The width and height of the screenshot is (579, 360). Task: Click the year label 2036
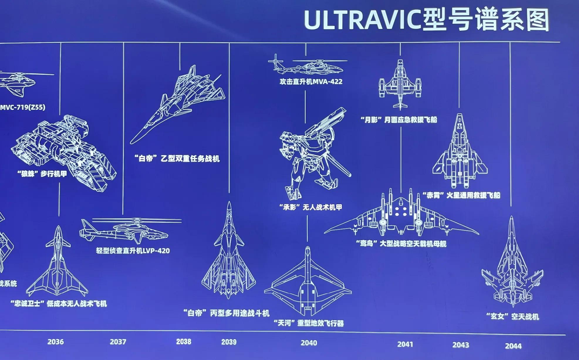[x=55, y=342]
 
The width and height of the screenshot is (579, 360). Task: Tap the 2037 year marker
[x=118, y=342]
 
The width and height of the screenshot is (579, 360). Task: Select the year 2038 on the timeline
[x=184, y=342]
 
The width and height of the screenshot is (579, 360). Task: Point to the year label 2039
[x=229, y=342]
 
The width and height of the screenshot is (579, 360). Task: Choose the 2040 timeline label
[x=309, y=343]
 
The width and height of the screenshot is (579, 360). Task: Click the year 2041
[x=405, y=344]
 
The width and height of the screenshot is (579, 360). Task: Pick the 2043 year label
[x=461, y=345]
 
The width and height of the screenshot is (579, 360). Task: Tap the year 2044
[x=513, y=346]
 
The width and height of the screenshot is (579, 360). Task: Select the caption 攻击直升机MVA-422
[x=311, y=82]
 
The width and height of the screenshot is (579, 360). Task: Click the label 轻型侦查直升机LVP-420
[x=133, y=251]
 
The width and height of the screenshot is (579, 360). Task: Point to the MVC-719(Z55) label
[x=23, y=107]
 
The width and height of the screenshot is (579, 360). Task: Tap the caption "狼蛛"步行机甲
[x=42, y=174]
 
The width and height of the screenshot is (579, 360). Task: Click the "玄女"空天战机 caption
[x=512, y=317]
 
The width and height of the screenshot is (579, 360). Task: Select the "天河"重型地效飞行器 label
[x=308, y=323]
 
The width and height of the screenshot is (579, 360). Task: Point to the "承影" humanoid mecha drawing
[x=311, y=153]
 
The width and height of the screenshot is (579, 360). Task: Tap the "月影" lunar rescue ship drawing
[x=400, y=85]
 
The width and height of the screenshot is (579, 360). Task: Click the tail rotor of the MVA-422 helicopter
[x=276, y=62]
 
